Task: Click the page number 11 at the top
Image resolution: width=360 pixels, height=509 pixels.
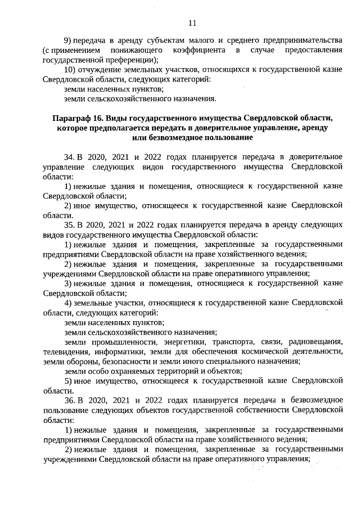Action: point(192,22)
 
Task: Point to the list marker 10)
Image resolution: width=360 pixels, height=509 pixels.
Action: point(70,69)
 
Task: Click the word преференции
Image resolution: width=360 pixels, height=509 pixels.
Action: point(130,60)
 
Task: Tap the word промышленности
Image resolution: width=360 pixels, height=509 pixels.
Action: point(121,341)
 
